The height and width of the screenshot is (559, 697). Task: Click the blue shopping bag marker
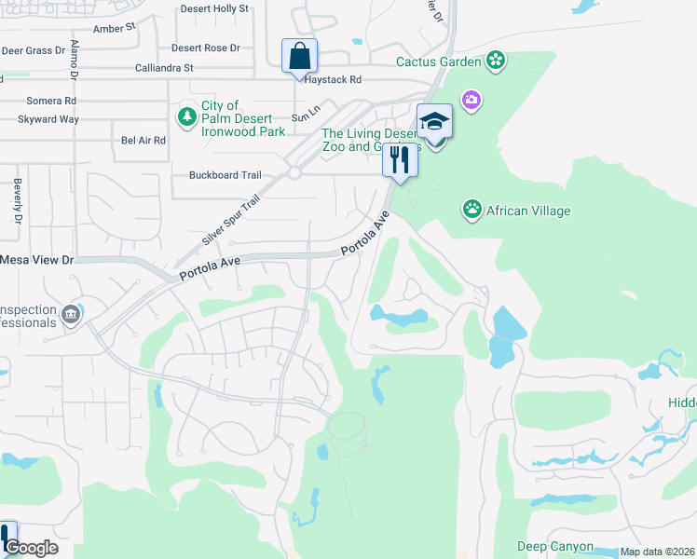299,56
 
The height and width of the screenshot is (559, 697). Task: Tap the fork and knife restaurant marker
400,160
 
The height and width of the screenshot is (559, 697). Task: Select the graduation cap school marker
434,122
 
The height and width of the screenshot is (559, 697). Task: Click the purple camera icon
471,99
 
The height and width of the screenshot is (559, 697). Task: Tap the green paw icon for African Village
472,210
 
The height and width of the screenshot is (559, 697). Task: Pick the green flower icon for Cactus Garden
496,61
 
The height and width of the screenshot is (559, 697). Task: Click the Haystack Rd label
330,80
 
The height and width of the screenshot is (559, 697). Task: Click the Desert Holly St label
214,8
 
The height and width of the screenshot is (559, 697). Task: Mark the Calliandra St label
164,68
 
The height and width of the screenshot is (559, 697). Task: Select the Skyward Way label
48,119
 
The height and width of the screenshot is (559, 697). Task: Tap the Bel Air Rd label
143,141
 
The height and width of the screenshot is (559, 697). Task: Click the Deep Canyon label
555,546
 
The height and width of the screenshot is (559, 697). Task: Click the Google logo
31,548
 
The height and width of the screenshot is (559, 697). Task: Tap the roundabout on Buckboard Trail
294,173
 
